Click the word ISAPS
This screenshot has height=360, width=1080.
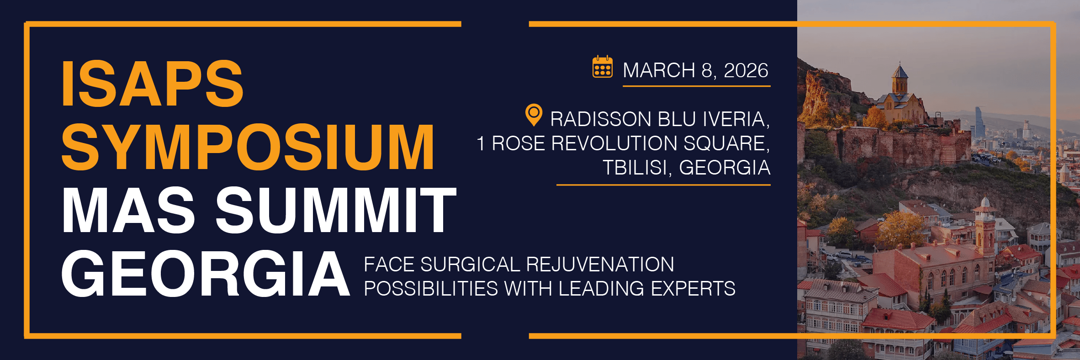pos(153,84)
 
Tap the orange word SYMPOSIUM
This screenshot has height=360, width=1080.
pos(248,147)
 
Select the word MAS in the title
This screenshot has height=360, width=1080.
pos(129,210)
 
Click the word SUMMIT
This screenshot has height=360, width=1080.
pos(336,210)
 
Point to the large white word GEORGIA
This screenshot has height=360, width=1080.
pos(206,274)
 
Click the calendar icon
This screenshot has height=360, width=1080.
pos(603,67)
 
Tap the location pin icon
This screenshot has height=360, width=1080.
pos(534,115)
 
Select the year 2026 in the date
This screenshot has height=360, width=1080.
pos(746,70)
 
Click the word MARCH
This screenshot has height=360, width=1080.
pos(659,70)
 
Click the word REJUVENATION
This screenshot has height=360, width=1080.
pos(600,265)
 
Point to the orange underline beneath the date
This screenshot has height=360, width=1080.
pos(697,85)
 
